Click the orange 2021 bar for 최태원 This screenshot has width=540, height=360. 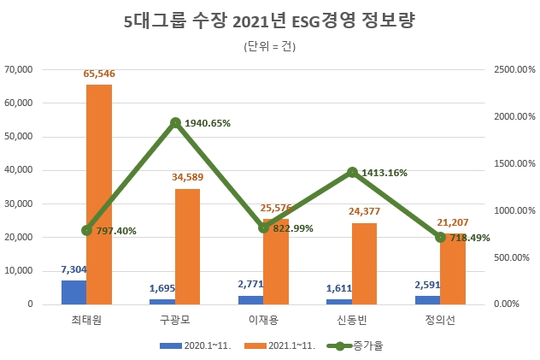[x=99, y=194]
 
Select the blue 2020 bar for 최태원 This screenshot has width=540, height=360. [x=73, y=292]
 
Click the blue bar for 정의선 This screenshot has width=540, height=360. [x=427, y=300]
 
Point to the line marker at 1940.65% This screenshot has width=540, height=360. [x=174, y=122]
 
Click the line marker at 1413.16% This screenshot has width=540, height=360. [x=351, y=172]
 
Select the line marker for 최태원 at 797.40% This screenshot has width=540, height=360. [x=86, y=230]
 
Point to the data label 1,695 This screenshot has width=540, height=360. [x=162, y=290]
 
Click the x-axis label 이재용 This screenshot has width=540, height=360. [x=263, y=320]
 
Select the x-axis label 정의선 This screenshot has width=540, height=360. [x=440, y=320]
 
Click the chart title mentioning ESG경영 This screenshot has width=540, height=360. [x=269, y=21]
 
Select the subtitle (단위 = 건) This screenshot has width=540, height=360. [x=269, y=46]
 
